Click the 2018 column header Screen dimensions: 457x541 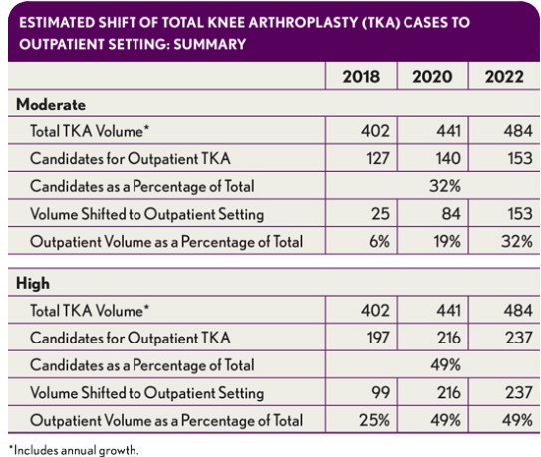tap(360, 77)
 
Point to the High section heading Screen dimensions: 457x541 tap(33, 283)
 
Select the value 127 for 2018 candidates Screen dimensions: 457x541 tap(366, 158)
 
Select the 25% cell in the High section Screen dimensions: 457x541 tap(367, 420)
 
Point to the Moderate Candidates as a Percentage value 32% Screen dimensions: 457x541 tap(437, 185)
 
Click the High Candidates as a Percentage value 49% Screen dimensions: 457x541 tap(437, 365)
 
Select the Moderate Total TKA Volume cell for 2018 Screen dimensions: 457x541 tap(366, 131)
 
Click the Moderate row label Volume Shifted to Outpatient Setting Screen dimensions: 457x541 tap(146, 213)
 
